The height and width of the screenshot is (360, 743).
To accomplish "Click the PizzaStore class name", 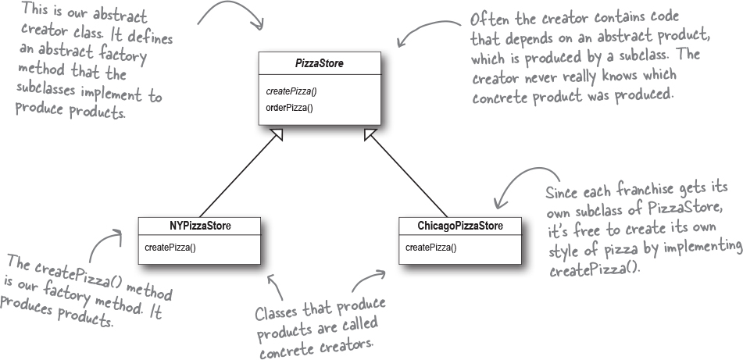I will pyautogui.click(x=320, y=63).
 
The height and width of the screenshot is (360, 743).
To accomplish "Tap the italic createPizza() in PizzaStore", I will pyautogui.click(x=290, y=91).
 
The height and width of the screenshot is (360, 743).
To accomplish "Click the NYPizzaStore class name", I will pyautogui.click(x=200, y=226).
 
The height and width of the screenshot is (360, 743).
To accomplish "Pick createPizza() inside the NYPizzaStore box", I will pyautogui.click(x=170, y=248).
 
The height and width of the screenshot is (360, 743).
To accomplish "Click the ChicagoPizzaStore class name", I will pyautogui.click(x=460, y=226).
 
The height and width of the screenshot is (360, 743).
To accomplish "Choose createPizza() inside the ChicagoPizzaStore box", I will pyautogui.click(x=430, y=248).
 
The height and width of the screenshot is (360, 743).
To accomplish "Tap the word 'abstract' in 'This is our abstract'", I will pyautogui.click(x=120, y=16).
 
